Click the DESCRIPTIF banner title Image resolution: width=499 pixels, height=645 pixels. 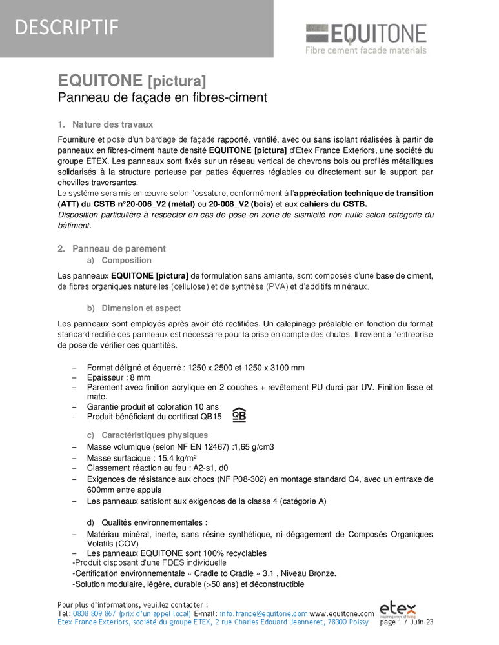[66, 27]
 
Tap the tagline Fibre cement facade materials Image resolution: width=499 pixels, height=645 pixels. [366, 50]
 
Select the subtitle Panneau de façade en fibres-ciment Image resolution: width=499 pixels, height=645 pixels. [162, 98]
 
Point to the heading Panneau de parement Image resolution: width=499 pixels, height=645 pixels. [119, 248]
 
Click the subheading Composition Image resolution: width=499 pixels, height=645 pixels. [127, 261]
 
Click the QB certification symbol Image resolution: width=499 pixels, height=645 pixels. [239, 415]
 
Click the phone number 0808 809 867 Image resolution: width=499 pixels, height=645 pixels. [96, 613]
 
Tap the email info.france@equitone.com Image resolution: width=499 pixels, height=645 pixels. [263, 613]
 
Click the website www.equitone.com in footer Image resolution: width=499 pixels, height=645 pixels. [342, 613]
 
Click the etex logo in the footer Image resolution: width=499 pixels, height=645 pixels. [398, 609]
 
